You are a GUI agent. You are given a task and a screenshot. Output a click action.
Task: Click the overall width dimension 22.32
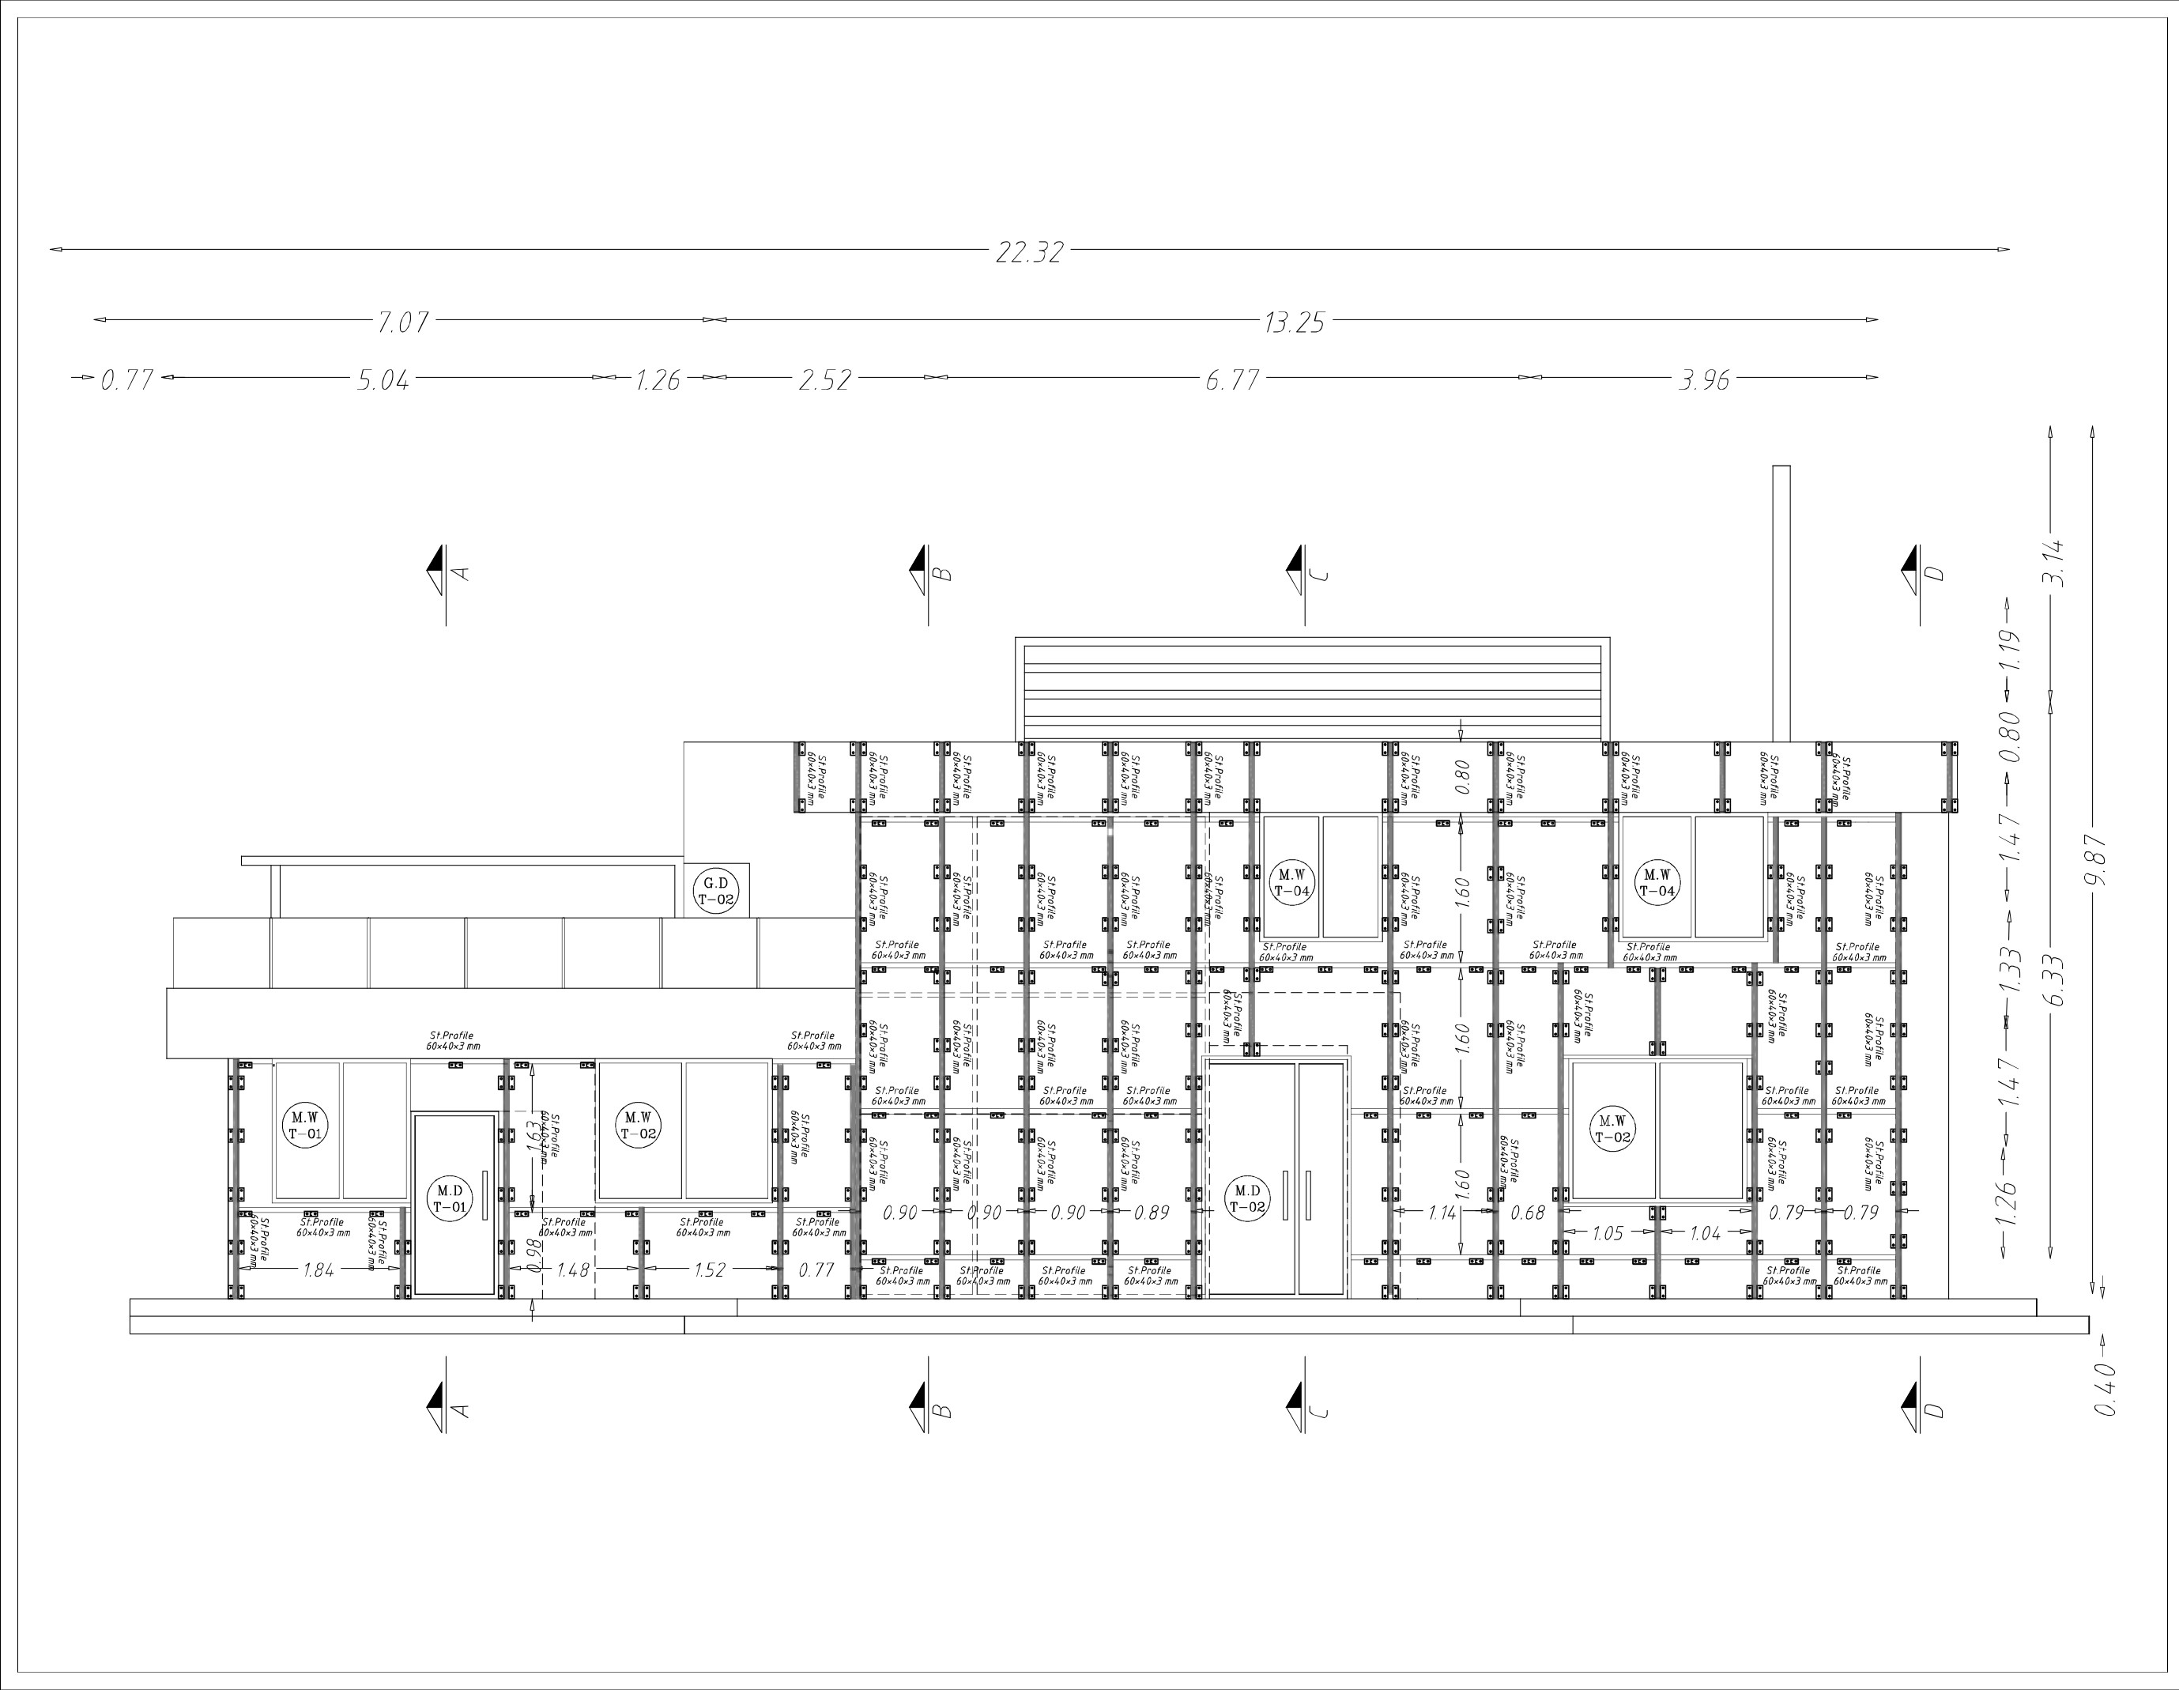tap(1030, 252)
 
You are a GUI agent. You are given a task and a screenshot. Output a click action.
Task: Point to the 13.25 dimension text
tap(1294, 323)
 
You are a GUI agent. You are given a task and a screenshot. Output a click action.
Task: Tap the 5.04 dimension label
tap(383, 380)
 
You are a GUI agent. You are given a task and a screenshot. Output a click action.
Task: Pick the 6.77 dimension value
tap(1232, 380)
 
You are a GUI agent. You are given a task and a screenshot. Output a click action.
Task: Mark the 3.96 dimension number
tap(1704, 380)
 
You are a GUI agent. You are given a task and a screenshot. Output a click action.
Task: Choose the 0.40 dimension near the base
tap(2105, 1389)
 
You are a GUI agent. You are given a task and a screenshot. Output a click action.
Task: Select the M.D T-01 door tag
tap(450, 1198)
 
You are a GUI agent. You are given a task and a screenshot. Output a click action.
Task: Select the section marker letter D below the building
tap(1933, 1409)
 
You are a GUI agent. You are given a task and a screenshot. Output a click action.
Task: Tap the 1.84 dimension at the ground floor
tap(319, 1270)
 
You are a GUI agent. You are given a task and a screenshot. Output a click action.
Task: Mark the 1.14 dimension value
tap(1442, 1213)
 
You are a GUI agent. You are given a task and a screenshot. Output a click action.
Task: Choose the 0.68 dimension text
tap(1528, 1213)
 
